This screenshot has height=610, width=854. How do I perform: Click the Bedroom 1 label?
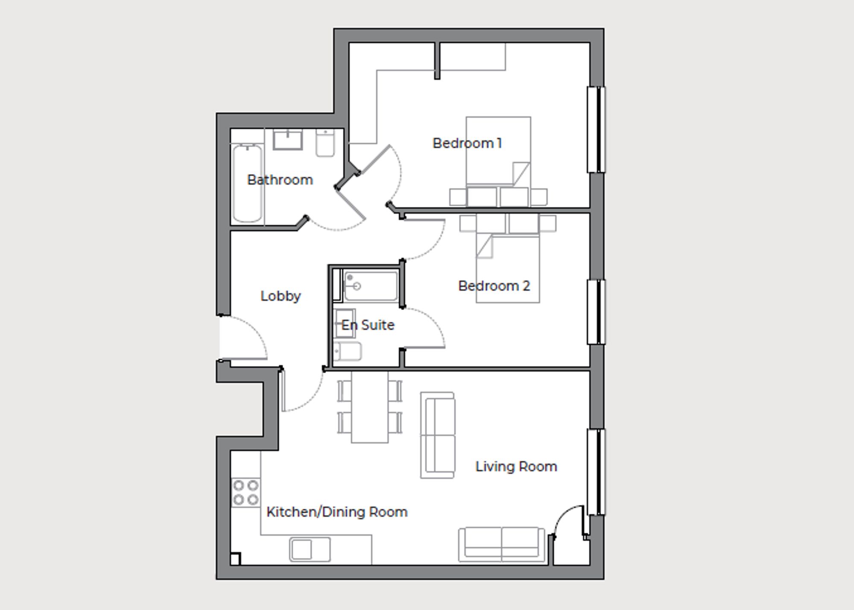pyautogui.click(x=467, y=143)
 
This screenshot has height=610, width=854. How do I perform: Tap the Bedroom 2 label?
pyautogui.click(x=494, y=286)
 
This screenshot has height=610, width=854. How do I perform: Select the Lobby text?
pyautogui.click(x=281, y=296)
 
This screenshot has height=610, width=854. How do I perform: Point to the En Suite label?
pyautogui.click(x=367, y=325)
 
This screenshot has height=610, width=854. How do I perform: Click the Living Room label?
pyautogui.click(x=516, y=466)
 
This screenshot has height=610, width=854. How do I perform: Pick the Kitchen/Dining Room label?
pyautogui.click(x=336, y=512)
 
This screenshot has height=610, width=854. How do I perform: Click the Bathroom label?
pyautogui.click(x=280, y=180)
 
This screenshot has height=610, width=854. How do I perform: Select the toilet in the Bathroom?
pyautogui.click(x=325, y=143)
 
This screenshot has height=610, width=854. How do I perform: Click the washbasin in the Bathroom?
pyautogui.click(x=287, y=140)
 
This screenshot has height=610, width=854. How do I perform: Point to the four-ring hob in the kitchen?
pyautogui.click(x=246, y=492)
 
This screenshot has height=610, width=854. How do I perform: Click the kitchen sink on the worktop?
pyautogui.click(x=310, y=549)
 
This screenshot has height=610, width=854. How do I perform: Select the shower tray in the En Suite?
pyautogui.click(x=371, y=286)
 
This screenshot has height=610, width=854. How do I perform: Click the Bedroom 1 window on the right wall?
pyautogui.click(x=596, y=130)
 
